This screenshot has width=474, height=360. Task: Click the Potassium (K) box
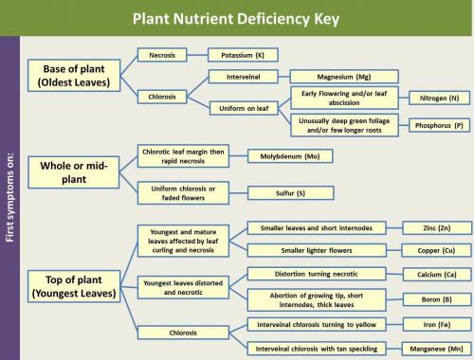(243, 56)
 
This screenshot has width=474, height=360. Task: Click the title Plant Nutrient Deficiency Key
(237, 16)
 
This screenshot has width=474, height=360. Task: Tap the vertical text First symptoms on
(10, 195)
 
